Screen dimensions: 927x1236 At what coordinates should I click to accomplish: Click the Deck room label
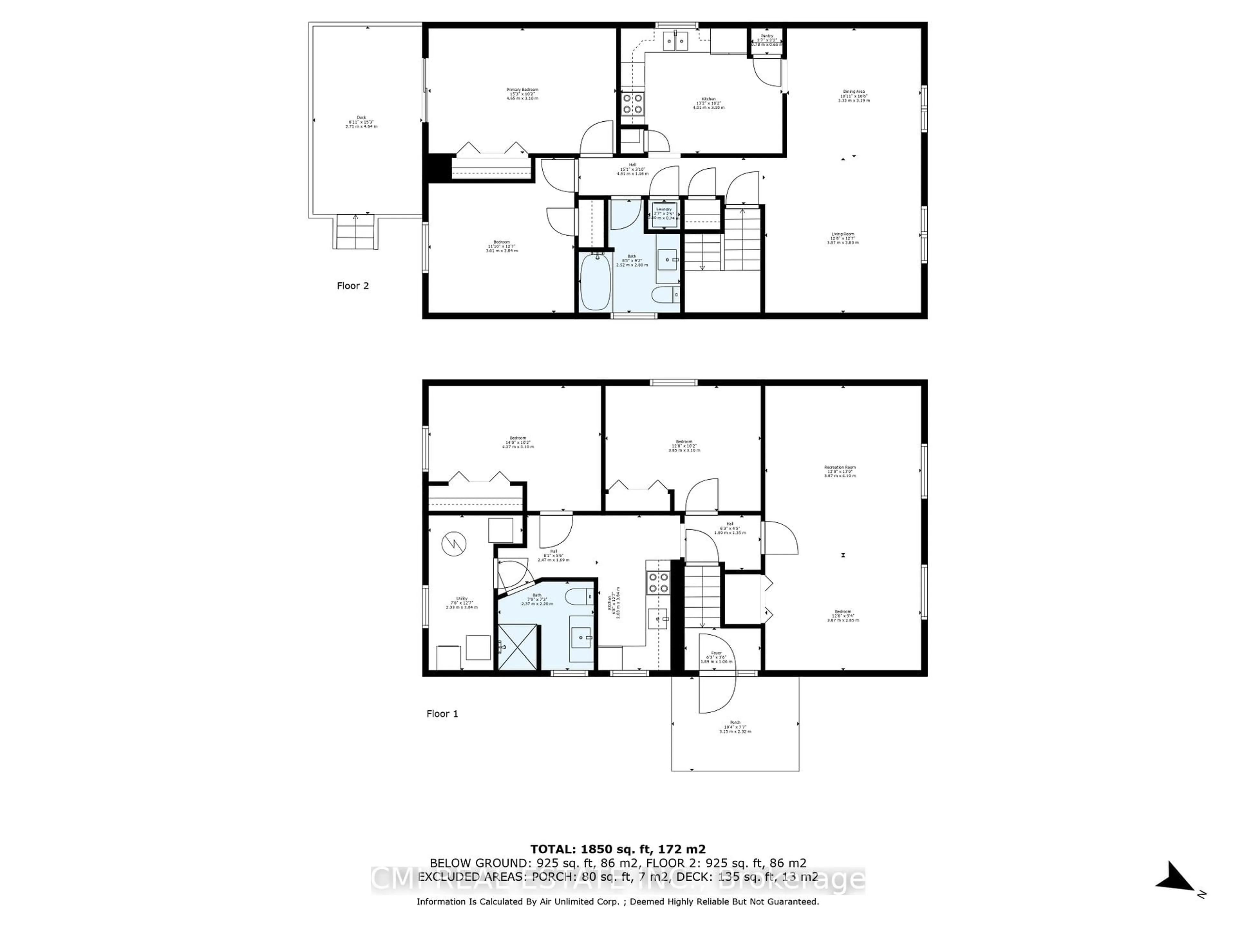pyautogui.click(x=361, y=122)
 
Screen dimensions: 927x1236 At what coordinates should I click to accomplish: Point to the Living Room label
pyautogui.click(x=843, y=239)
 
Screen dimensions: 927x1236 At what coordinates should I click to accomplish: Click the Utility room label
pyautogui.click(x=462, y=602)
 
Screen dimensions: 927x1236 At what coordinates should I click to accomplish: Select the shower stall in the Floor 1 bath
pyautogui.click(x=517, y=647)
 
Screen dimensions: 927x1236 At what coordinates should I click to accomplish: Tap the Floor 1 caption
pyautogui.click(x=442, y=714)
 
